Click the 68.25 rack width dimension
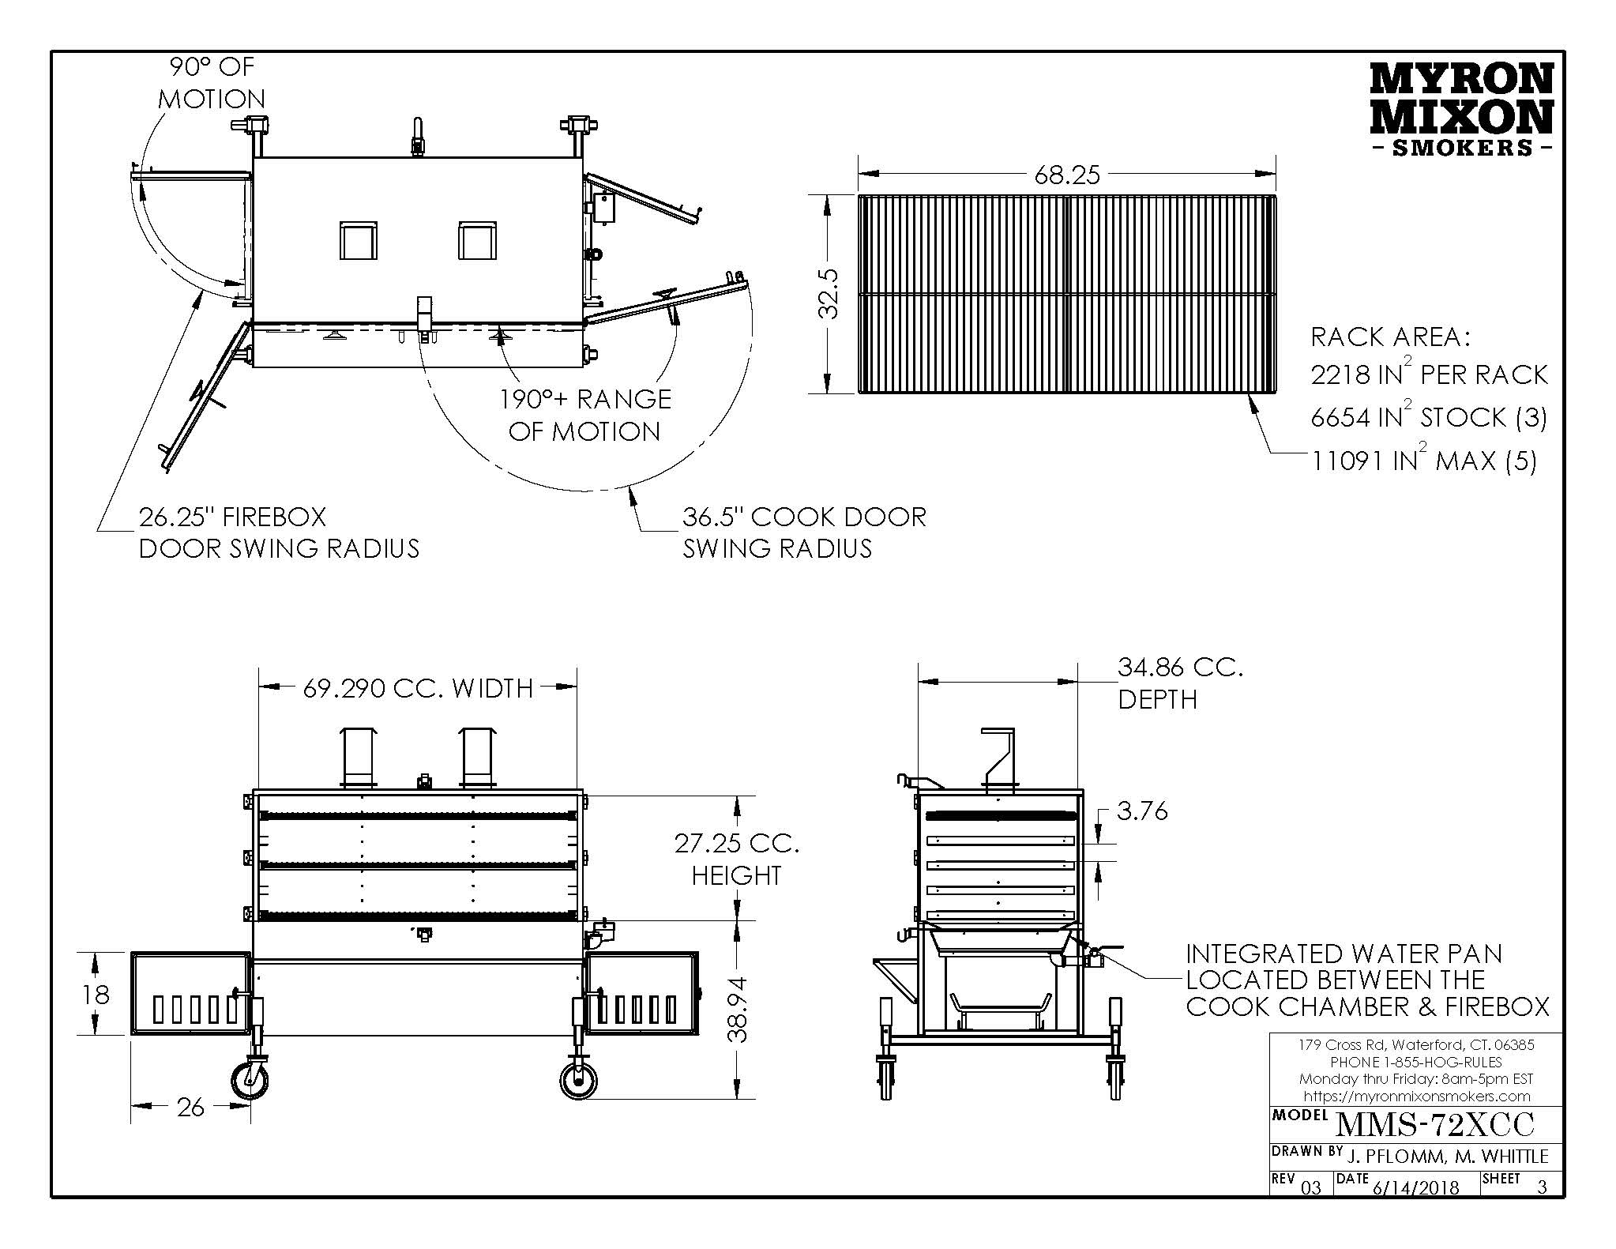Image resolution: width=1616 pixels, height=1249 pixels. (x=1066, y=175)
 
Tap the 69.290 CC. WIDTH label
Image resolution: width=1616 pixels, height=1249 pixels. (x=418, y=689)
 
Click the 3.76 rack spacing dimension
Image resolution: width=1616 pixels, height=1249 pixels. (x=1142, y=811)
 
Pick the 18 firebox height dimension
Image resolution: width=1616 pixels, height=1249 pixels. (x=96, y=994)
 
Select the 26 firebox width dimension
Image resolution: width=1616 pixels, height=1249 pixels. (x=190, y=1108)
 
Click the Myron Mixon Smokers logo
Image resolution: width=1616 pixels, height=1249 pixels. (x=1460, y=111)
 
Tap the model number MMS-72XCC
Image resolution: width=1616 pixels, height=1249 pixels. (x=1433, y=1123)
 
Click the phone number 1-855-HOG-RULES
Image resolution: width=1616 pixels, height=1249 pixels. (x=1416, y=1062)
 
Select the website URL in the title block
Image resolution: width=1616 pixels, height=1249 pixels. (x=1416, y=1096)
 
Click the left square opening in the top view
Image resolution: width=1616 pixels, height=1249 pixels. (x=357, y=240)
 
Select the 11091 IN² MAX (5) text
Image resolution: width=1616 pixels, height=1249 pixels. (x=1424, y=461)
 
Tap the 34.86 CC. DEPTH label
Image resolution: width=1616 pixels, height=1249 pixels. (x=1179, y=683)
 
